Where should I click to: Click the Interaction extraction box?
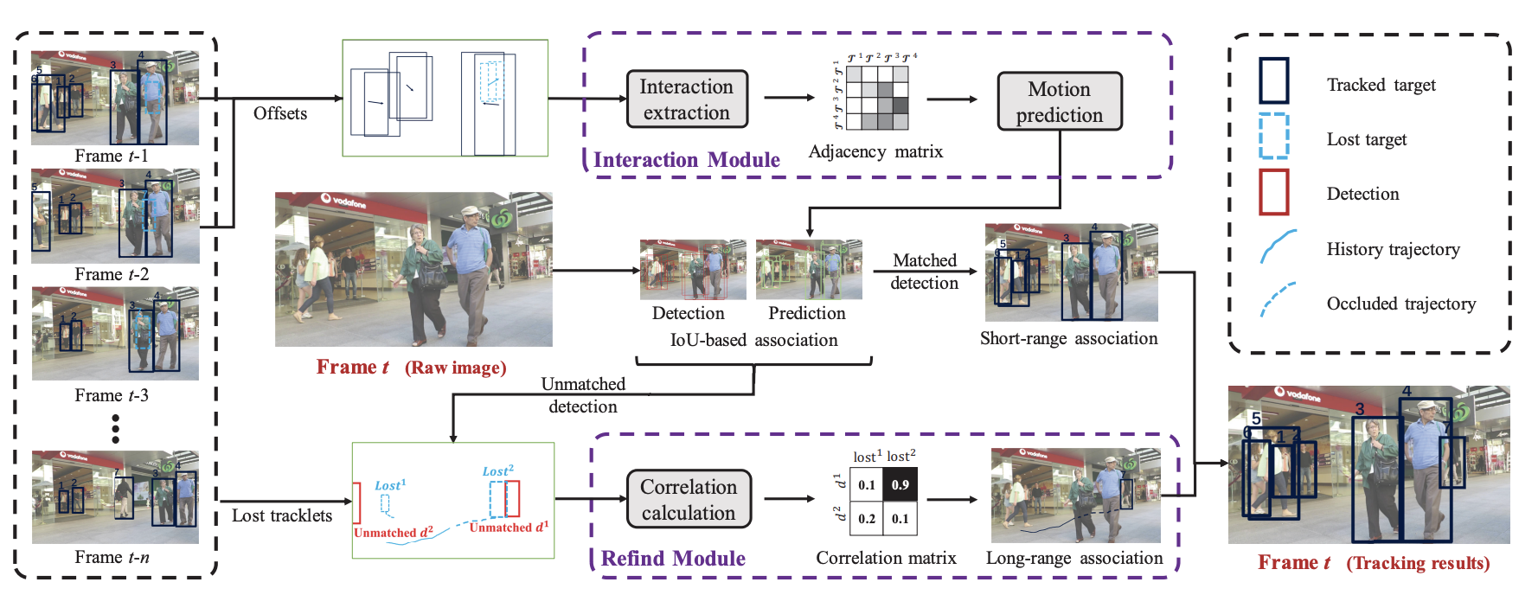[x=687, y=99]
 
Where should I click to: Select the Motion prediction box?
[x=1060, y=102]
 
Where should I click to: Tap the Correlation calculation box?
[x=689, y=500]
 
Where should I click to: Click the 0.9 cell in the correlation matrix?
[x=900, y=485]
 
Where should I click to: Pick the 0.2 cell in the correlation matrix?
[x=867, y=519]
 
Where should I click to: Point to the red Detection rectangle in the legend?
[x=1273, y=192]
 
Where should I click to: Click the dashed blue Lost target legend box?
[x=1273, y=138]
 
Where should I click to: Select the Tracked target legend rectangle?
[x=1273, y=81]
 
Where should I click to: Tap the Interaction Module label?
[x=686, y=160]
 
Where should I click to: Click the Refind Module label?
[x=673, y=559]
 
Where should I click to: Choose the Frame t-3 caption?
[x=112, y=395]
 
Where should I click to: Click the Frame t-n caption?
[x=112, y=557]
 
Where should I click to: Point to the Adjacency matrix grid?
[x=877, y=98]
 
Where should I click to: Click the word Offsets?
[x=280, y=113]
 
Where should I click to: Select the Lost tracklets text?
[x=282, y=515]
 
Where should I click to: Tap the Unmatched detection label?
[x=583, y=395]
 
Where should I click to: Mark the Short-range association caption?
[x=1068, y=338]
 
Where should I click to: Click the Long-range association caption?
[x=1074, y=558]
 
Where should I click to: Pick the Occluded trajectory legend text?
[x=1401, y=304]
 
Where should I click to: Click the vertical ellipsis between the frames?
[x=115, y=429]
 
